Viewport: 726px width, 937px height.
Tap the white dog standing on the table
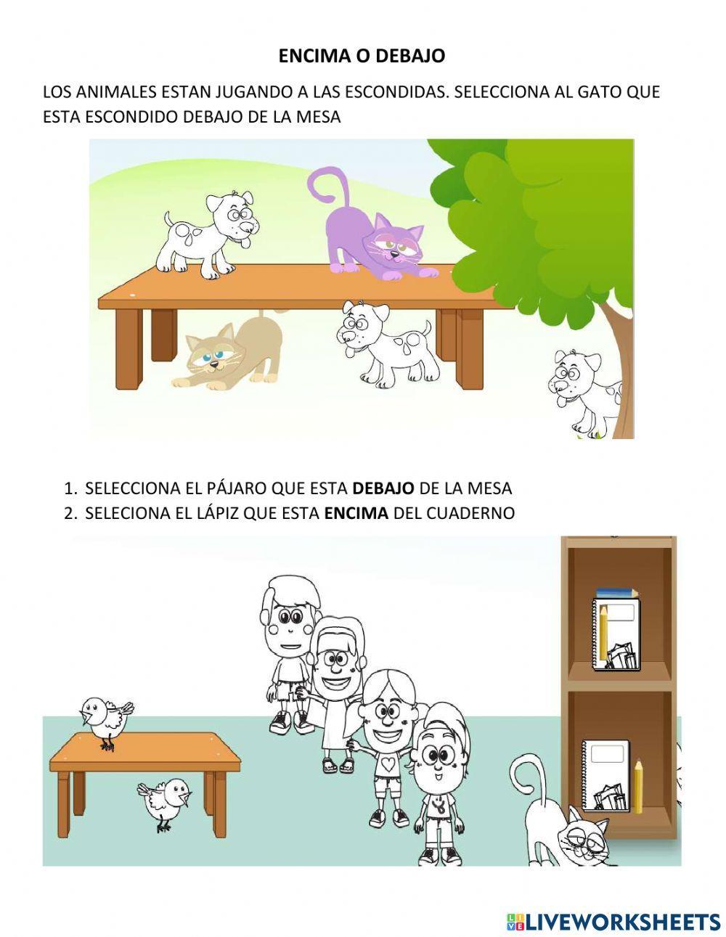211,232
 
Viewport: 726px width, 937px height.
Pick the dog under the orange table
385,341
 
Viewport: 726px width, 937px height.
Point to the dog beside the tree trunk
584,392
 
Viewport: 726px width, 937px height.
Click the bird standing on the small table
105,719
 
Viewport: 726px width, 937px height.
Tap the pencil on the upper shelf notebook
603,631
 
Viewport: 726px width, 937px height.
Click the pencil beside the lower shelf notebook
637,785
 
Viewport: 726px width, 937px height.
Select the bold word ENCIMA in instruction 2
356,513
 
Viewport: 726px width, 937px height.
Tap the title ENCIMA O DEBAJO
362,56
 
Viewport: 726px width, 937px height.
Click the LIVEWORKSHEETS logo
613,922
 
